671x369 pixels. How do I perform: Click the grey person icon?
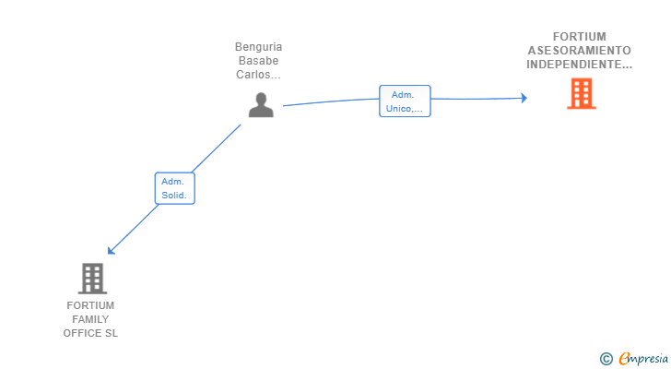point(261,105)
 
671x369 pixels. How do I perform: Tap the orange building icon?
point(581,94)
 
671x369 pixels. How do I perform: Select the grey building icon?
point(91,278)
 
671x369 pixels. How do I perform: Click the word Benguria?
point(258,47)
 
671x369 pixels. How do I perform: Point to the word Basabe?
point(258,61)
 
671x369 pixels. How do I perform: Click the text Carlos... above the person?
point(258,75)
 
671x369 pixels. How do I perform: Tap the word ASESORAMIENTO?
point(580,51)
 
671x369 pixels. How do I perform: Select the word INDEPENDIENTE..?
point(580,65)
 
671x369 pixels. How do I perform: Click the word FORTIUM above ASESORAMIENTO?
point(580,37)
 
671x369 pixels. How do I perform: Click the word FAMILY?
point(90,319)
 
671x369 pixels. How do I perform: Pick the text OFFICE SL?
point(90,333)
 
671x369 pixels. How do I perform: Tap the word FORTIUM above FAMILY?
point(90,305)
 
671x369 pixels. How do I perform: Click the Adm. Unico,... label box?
point(405,101)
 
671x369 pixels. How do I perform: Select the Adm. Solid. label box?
point(174,188)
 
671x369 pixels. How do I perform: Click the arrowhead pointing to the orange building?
point(524,98)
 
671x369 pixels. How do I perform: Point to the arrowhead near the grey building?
point(111,250)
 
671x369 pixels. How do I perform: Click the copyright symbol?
point(606,358)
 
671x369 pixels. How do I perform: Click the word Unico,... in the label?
point(405,108)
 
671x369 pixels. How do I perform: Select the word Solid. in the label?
point(174,196)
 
